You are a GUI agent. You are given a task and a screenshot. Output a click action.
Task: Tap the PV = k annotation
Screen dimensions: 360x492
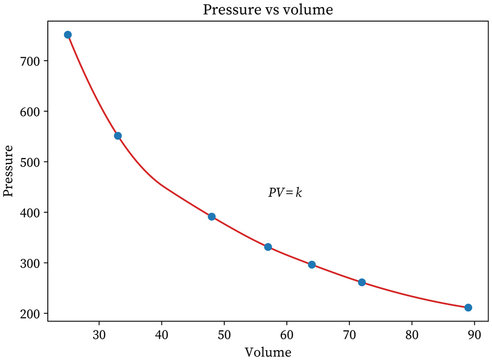point(285,192)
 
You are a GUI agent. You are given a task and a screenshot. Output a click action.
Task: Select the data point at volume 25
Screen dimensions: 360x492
point(68,35)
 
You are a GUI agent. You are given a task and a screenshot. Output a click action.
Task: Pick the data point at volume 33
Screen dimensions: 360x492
point(118,136)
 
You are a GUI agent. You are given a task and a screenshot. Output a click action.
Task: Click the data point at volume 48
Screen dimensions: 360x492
point(212,217)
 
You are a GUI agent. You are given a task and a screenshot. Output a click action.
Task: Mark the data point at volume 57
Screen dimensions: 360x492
point(268,247)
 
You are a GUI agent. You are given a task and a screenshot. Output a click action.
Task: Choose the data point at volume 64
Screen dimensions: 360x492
point(312,265)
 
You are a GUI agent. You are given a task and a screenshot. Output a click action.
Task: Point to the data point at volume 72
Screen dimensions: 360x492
point(362,282)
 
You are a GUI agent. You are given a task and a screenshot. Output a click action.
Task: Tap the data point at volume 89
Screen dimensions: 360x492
point(468,308)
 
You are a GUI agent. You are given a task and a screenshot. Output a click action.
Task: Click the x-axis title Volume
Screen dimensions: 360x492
point(267,352)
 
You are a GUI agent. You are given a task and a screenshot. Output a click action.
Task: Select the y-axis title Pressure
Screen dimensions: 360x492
point(10,171)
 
